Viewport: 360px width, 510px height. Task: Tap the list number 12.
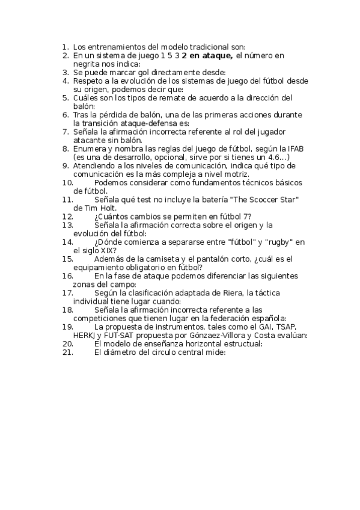click(x=67, y=216)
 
